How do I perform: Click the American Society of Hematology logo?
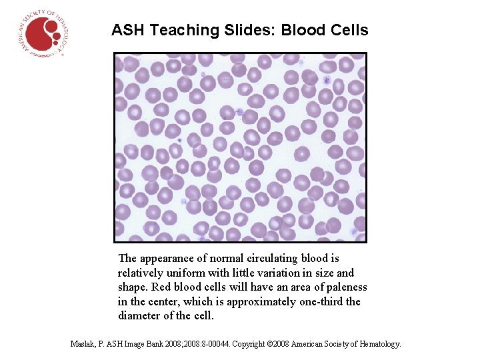tap(43, 33)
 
